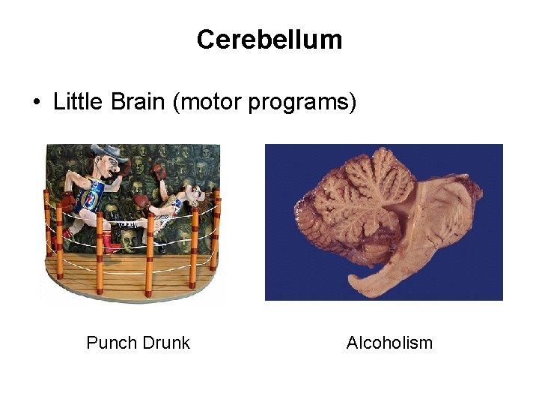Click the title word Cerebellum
269,40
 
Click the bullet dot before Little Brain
37,103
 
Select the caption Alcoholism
389,343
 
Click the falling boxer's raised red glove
159,172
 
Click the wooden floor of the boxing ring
127,274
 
